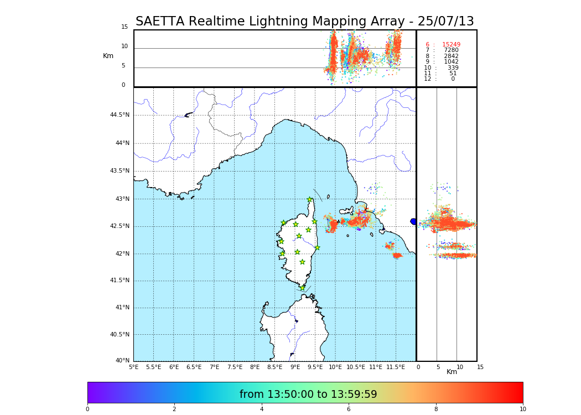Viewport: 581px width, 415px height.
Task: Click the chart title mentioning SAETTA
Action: point(304,22)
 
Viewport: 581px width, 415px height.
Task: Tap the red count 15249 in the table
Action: point(451,44)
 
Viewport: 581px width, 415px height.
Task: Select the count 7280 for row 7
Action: point(451,50)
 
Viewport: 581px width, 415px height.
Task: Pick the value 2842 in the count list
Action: point(451,56)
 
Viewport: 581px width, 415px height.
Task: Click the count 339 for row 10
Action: point(453,68)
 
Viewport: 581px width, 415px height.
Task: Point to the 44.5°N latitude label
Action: point(120,115)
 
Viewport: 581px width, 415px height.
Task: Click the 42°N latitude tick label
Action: point(122,254)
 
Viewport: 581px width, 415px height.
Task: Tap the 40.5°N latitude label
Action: point(120,335)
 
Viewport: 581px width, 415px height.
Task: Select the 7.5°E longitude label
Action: point(234,367)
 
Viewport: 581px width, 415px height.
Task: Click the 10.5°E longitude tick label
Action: point(355,367)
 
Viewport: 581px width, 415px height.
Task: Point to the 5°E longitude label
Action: point(133,367)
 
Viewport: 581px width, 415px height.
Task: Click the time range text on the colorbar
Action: point(308,395)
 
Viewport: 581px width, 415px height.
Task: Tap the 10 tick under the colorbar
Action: point(522,409)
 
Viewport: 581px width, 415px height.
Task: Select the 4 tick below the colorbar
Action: point(262,409)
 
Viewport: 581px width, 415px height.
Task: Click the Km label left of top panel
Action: point(108,56)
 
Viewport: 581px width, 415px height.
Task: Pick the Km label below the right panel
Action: point(452,372)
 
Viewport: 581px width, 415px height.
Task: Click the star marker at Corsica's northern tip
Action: point(309,200)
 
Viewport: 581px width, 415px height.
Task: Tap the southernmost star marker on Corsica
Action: point(302,288)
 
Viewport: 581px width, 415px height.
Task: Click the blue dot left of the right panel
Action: point(413,221)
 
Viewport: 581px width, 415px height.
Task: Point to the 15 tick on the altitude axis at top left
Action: point(124,27)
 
